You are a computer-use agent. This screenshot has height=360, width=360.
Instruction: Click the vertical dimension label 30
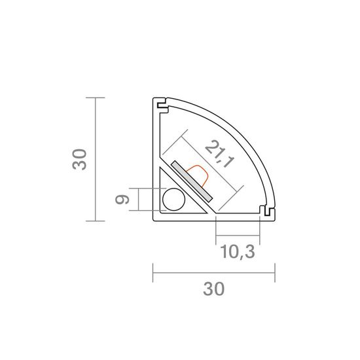point(79,159)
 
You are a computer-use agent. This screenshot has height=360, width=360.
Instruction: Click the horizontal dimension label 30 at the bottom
point(214,289)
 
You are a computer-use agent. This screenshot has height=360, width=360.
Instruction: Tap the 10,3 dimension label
point(238,252)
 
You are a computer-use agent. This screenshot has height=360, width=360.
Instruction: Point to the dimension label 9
point(122,200)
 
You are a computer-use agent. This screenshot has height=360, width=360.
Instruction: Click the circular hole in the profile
point(174,199)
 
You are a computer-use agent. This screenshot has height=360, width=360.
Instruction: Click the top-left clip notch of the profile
point(162,105)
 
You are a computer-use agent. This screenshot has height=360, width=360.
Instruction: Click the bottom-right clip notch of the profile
point(266,211)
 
